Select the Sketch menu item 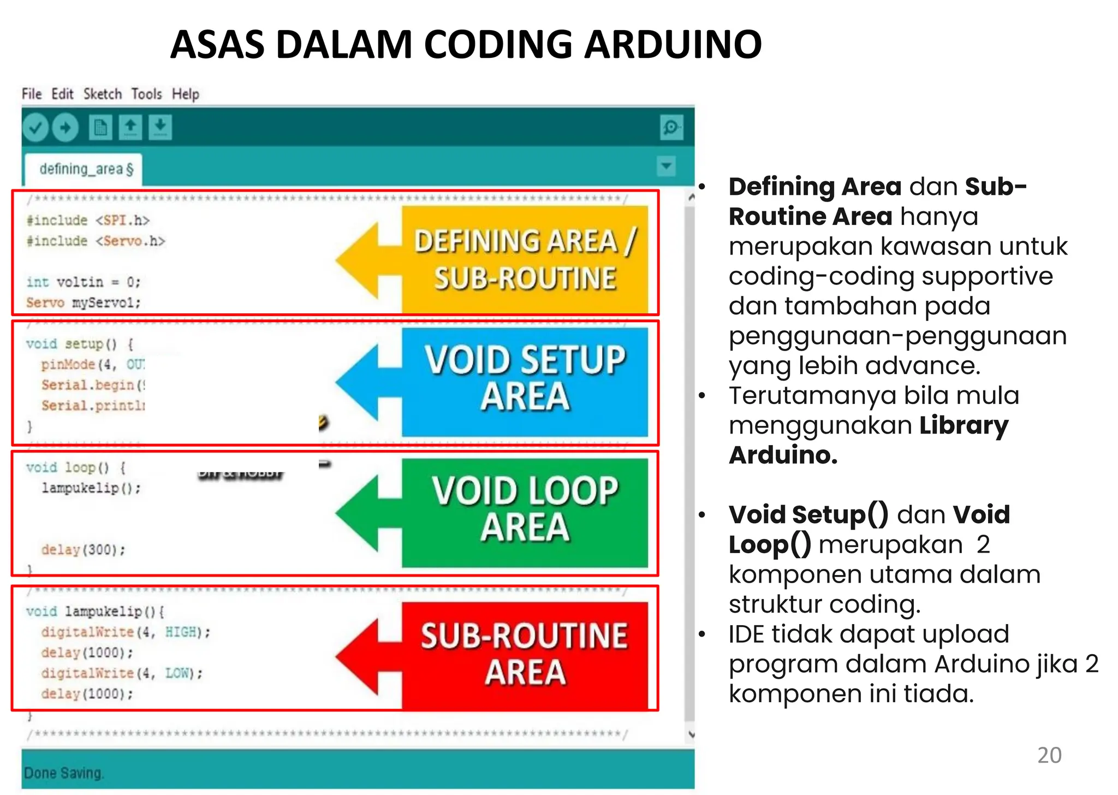coord(102,94)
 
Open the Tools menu coord(146,94)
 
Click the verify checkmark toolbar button coord(36,128)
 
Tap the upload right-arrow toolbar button coord(66,128)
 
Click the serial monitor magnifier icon coord(671,128)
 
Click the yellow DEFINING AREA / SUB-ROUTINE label coord(525,259)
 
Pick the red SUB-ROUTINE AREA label coord(525,654)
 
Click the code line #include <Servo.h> coord(96,241)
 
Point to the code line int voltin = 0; coord(83,282)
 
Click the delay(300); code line coord(83,550)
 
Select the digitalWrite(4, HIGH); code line coord(125,632)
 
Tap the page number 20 coord(1049,756)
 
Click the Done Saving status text coord(63,773)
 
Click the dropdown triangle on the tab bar coord(666,166)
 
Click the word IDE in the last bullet coord(746,634)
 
